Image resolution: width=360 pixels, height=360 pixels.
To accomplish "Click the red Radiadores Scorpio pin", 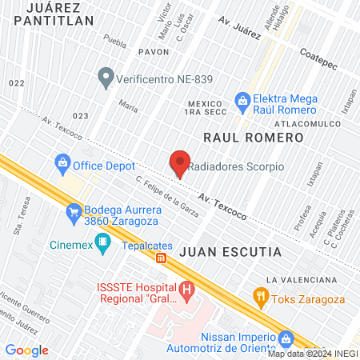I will pyautogui.click(x=180, y=162).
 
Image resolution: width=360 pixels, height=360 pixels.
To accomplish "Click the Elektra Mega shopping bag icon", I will pyautogui.click(x=242, y=98).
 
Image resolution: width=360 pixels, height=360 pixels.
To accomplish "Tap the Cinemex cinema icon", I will pyautogui.click(x=102, y=241).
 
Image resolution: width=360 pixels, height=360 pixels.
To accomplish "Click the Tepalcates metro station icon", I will pyautogui.click(x=161, y=258).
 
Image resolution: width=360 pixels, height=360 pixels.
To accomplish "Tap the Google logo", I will pyautogui.click(x=26, y=350).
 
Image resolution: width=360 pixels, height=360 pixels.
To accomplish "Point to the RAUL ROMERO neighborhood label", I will pyautogui.click(x=254, y=138).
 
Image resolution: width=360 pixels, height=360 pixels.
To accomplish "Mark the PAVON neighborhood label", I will pyautogui.click(x=153, y=51).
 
